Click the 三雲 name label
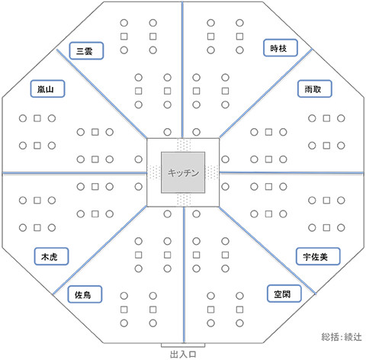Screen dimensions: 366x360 coord(86,51)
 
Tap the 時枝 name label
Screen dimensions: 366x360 coord(281,48)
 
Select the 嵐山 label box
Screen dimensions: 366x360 coord(47,89)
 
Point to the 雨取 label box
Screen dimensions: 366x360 coord(315,89)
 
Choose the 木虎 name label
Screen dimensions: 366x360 coord(51,256)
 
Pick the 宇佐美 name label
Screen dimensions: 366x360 coord(318,256)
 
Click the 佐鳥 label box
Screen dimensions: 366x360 coord(85,294)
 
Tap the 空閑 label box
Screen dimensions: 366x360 coord(284,294)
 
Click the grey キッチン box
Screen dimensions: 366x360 coord(183,172)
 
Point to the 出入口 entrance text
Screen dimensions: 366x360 coord(183,354)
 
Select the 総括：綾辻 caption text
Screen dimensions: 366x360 coord(342,337)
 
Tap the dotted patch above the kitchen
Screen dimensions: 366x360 coord(183,145)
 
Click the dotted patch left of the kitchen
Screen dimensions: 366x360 coord(154,172)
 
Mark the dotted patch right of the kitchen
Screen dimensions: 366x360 coord(212,172)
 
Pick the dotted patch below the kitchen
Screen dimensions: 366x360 coord(183,200)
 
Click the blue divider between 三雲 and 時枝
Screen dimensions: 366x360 coord(182,69)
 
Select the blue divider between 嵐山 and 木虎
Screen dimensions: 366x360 coord(75,173)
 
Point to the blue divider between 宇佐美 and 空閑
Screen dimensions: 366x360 coord(268,250)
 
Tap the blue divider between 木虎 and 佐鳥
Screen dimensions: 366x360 coord(100,250)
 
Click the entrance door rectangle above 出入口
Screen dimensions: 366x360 coord(183,345)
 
